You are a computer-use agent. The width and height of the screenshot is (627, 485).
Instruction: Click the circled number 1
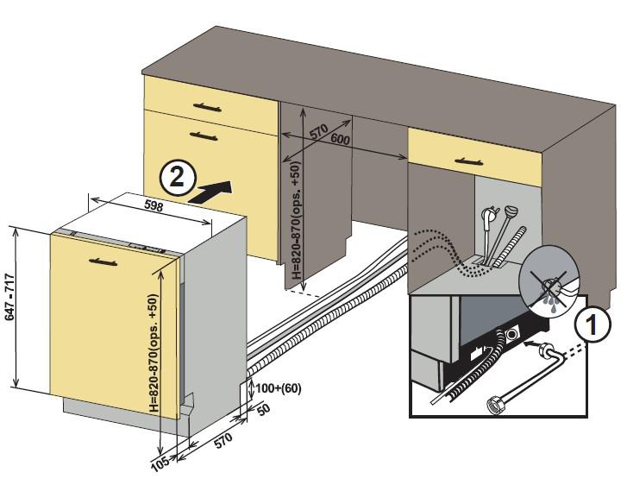(x=591, y=326)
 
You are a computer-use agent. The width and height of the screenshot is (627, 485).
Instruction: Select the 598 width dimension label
(x=154, y=207)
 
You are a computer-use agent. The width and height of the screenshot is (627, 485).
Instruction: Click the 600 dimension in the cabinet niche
(x=339, y=140)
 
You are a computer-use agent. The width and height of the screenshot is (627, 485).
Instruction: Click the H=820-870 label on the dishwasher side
(x=154, y=354)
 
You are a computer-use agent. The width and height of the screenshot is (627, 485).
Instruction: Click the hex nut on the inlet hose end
(x=499, y=405)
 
